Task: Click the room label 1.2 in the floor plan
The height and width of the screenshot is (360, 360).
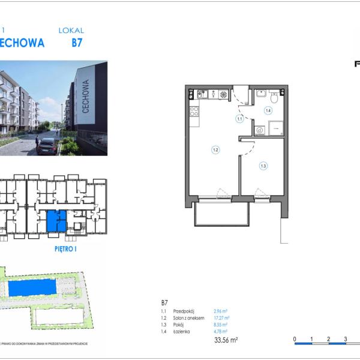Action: tap(214, 149)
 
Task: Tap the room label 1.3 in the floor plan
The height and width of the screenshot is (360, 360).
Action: tap(263, 166)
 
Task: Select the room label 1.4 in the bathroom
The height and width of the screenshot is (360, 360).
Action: tap(268, 110)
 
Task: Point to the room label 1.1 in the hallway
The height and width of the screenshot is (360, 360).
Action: tap(239, 119)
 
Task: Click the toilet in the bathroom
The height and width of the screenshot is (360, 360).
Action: tap(274, 95)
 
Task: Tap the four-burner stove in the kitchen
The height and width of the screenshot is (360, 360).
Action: tap(223, 94)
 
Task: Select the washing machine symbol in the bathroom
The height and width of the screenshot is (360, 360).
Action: tap(260, 129)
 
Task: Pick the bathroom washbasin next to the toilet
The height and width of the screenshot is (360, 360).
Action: tap(261, 94)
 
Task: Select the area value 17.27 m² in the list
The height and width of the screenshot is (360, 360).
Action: tap(222, 318)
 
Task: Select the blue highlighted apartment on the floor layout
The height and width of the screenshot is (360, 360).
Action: tap(57, 221)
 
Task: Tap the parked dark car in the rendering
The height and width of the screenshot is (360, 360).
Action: tap(47, 146)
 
